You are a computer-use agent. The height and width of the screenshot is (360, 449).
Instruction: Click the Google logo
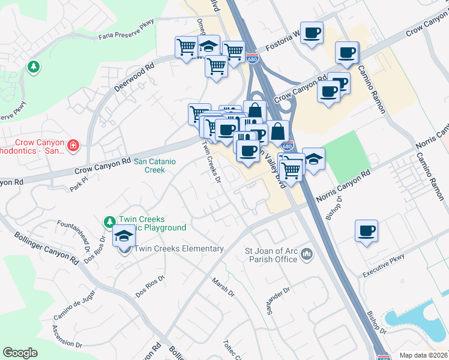click(20, 353)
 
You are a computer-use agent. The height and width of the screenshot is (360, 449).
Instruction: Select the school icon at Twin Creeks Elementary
click(124, 237)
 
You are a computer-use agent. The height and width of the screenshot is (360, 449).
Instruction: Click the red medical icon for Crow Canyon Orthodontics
click(73, 145)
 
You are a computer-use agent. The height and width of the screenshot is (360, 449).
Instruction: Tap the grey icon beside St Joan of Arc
click(307, 254)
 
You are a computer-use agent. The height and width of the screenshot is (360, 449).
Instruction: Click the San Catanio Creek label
click(149, 165)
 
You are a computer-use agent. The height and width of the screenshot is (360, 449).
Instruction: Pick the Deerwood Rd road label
click(134, 76)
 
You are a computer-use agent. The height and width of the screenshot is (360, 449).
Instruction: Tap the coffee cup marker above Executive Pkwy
click(366, 231)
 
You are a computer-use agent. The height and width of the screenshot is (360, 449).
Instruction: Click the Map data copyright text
click(423, 355)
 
